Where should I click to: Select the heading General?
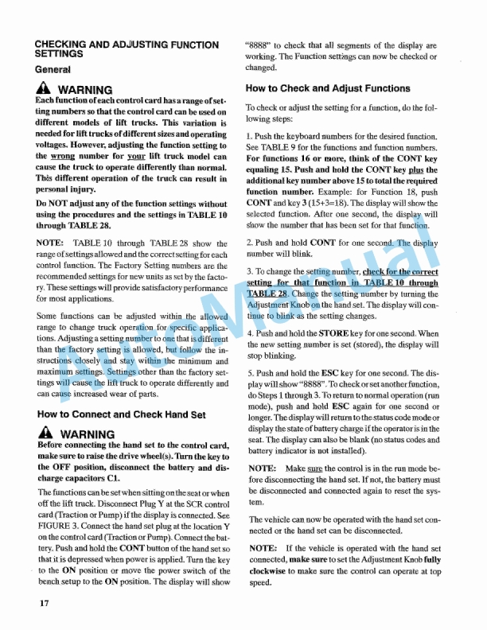pyautogui.click(x=55, y=70)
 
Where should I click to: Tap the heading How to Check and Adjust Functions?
pyautogui.click(x=328, y=88)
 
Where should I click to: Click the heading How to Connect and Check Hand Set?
pyautogui.click(x=121, y=414)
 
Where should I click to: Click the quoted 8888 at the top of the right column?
pyautogui.click(x=262, y=45)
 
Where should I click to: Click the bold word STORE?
pyautogui.click(x=343, y=333)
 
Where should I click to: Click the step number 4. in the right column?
pyautogui.click(x=251, y=333)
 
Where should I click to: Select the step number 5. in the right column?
pyautogui.click(x=251, y=372)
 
